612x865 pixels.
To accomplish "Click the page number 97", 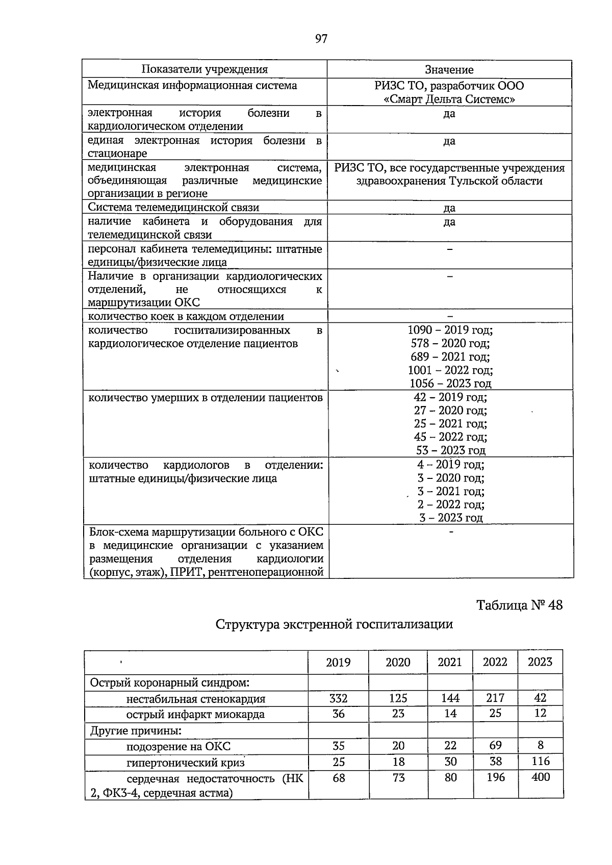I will [x=321, y=39].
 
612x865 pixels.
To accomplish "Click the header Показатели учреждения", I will [x=205, y=69].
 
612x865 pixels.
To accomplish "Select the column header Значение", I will [x=449, y=70].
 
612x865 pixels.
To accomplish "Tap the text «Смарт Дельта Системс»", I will [x=449, y=99].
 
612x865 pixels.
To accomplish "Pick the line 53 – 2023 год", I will [x=450, y=450].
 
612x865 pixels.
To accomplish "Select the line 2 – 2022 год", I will [x=450, y=504].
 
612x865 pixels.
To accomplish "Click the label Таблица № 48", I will [x=519, y=605].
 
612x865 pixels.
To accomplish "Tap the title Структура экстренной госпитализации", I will [x=334, y=624].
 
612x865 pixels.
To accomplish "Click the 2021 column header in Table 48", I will [x=450, y=662].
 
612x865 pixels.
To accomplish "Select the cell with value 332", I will [x=338, y=698].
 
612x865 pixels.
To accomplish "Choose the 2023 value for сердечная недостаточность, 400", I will [x=540, y=777].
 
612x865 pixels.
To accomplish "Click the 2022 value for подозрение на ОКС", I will [x=495, y=746].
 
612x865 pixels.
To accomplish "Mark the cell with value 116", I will [x=540, y=761].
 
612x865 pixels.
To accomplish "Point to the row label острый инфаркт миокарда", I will [x=195, y=714].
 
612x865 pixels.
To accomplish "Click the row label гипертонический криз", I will [x=186, y=762].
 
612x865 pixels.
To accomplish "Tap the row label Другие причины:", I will [x=136, y=730].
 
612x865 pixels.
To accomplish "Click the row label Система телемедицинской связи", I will [x=173, y=207].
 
